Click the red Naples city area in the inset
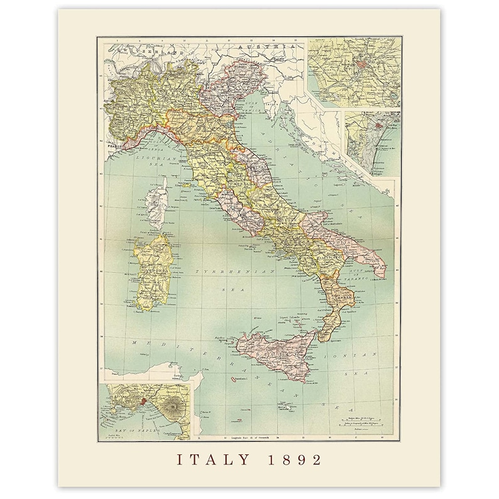144,400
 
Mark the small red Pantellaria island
234,379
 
